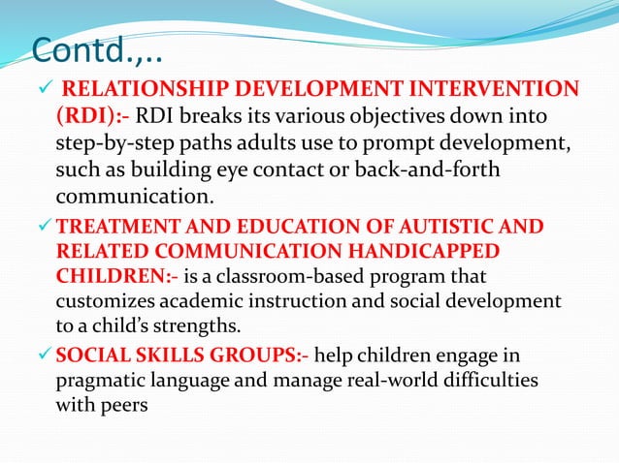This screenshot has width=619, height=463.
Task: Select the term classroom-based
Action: click(292, 274)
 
